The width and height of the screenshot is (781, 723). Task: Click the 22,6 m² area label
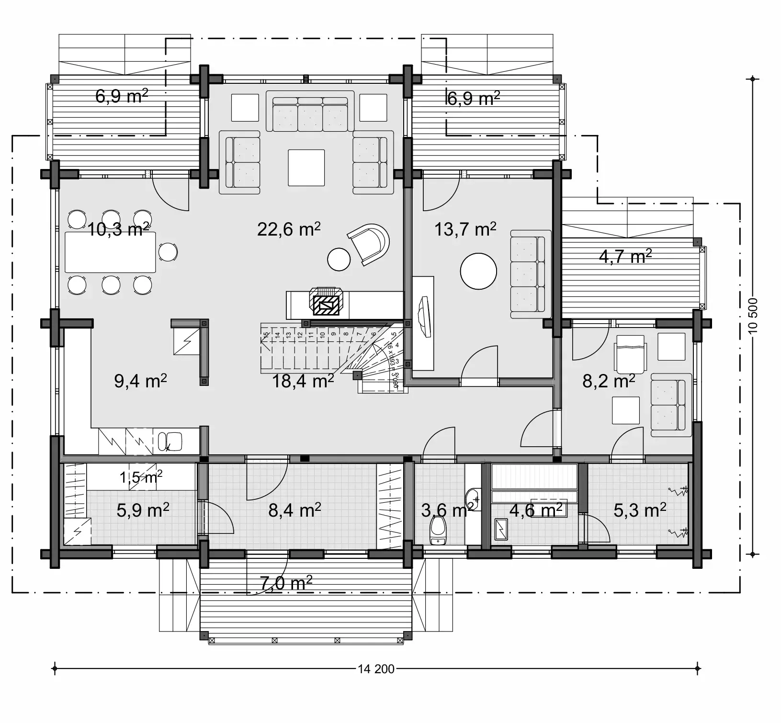pos(288,229)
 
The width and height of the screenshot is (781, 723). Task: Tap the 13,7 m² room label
pos(465,229)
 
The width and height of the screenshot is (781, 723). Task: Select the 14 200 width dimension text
pos(376,669)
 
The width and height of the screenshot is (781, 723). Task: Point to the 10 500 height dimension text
pos(753,316)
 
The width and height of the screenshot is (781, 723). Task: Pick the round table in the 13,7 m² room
pos(478,271)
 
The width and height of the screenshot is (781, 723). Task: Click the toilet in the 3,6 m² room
pos(438,531)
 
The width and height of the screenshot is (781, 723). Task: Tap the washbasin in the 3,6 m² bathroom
pos(472,496)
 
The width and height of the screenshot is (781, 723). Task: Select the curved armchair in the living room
pos(369,244)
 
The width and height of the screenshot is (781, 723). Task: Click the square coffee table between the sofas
pos(306,168)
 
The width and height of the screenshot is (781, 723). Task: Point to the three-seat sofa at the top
pos(310,114)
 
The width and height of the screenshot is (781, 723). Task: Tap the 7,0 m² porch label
pos(286,583)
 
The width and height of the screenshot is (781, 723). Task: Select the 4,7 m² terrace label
pos(625,256)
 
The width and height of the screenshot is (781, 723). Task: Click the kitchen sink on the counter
pos(170,441)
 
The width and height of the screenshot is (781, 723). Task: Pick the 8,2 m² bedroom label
pos(608,381)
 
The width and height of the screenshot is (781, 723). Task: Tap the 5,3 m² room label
pos(640,510)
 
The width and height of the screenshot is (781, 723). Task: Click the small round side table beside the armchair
pos(339,259)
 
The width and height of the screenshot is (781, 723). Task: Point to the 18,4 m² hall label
pos(303,381)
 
